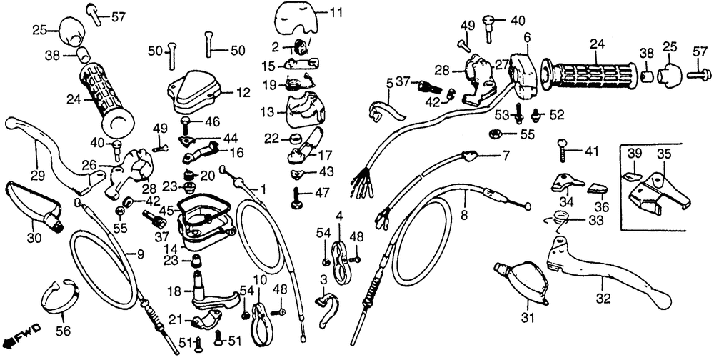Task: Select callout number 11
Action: tap(336, 12)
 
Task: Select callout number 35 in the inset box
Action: tap(664, 154)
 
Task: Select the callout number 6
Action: tap(527, 38)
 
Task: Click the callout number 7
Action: tap(505, 155)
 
